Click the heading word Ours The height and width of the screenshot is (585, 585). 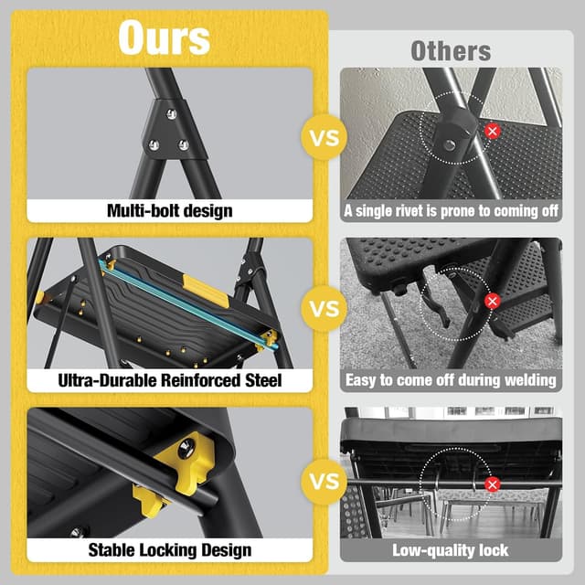coord(165,37)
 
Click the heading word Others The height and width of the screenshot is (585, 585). coord(450,50)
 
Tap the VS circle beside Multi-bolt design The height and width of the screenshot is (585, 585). coord(324,139)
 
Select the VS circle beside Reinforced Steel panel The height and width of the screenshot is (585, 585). coord(324,308)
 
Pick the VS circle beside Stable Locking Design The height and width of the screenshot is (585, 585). coord(324,480)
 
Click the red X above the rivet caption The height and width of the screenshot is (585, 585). coord(493,132)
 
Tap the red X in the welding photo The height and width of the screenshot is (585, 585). coord(493,301)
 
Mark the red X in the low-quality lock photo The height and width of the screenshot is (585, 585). coord(493,484)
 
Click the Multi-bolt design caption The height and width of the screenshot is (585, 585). coord(170,211)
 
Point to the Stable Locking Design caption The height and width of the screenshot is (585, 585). coord(170,549)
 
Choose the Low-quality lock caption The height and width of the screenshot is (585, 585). coord(450,549)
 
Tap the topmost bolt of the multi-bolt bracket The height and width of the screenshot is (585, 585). coord(170,114)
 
